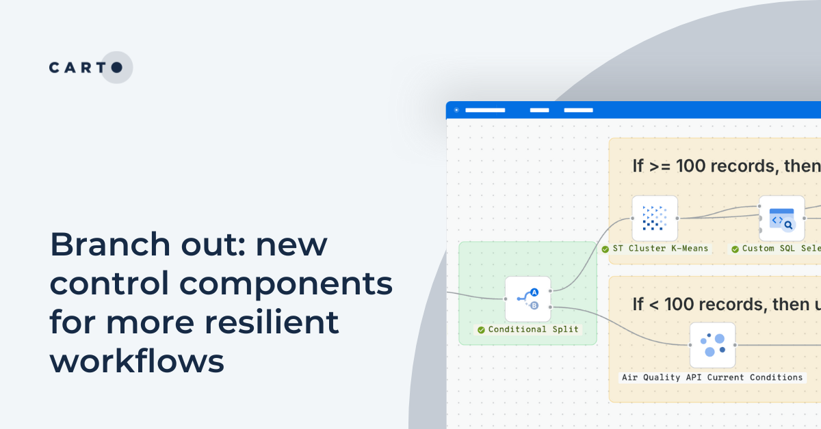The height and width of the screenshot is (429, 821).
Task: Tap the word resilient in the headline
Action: pos(274,322)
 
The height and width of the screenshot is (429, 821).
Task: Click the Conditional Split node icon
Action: pos(527,299)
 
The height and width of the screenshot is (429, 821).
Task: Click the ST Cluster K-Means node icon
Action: pos(655,219)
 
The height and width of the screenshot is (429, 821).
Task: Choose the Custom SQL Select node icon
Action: pos(781,219)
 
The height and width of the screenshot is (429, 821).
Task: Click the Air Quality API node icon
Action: pos(712,345)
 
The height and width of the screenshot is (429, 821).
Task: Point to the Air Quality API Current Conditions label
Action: pos(712,377)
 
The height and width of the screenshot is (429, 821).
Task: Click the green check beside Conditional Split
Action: pos(482,329)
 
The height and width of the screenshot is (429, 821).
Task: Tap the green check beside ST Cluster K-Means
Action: pos(605,249)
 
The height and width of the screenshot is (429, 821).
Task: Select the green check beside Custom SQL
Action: pos(735,249)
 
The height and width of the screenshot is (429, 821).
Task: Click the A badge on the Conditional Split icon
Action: pos(534,292)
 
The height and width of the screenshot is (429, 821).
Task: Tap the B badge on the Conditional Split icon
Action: pos(534,305)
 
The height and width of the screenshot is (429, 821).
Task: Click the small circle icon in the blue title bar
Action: pos(456,110)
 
